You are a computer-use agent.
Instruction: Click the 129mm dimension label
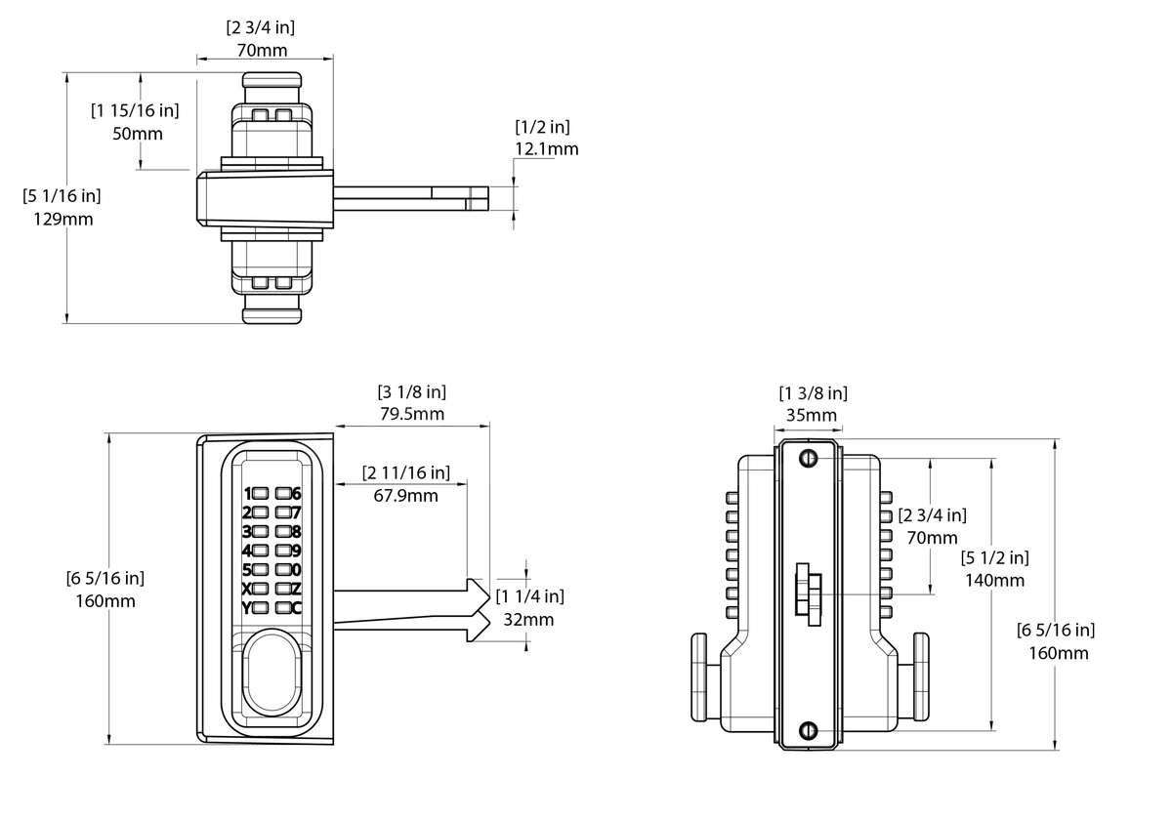(63, 219)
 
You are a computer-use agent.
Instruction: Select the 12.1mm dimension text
(546, 149)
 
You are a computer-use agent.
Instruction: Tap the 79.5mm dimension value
(411, 414)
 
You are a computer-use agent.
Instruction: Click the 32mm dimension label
(530, 619)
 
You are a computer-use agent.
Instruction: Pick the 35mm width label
(812, 415)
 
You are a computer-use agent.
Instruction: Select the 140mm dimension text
(994, 580)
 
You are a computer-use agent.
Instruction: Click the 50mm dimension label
(137, 133)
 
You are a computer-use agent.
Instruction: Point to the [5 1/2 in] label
(994, 557)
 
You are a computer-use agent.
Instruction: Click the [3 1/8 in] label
(411, 391)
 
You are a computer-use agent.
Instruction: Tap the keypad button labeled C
(284, 608)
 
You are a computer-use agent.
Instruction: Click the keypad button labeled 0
(284, 569)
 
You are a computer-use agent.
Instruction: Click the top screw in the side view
(807, 460)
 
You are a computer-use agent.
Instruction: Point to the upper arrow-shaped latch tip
(477, 592)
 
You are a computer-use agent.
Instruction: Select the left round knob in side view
(699, 675)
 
